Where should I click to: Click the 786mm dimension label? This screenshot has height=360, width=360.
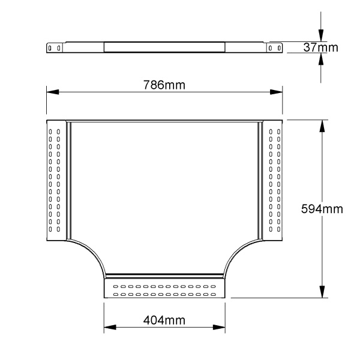164,85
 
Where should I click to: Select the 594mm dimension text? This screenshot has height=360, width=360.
322,209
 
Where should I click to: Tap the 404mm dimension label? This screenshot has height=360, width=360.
164,320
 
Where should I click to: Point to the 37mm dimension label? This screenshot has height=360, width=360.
321,47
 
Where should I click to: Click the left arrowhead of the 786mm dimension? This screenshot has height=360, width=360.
53,92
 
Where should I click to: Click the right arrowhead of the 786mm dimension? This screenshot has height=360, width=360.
276,92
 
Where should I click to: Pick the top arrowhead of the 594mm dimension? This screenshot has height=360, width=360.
322,126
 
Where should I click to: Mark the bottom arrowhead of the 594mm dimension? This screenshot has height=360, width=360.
322,292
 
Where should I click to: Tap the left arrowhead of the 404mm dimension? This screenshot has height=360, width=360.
110,327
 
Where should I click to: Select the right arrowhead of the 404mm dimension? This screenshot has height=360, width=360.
219,327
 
